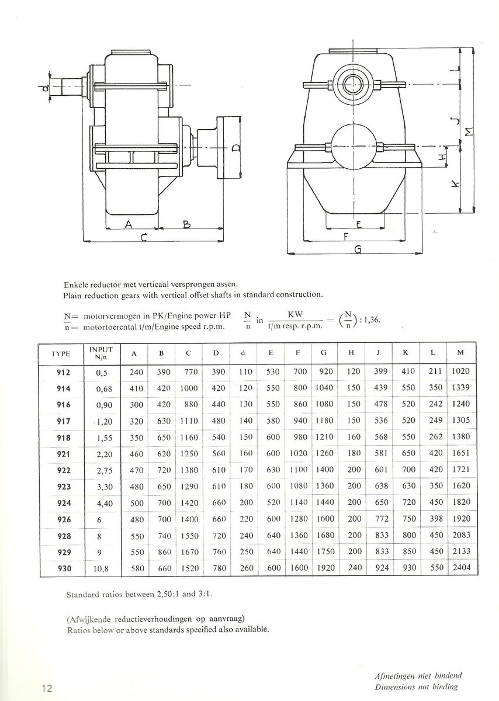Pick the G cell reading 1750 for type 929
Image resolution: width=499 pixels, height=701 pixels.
point(325,551)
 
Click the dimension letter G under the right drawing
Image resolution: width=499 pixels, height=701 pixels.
point(358,250)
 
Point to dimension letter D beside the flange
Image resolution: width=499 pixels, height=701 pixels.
point(234,147)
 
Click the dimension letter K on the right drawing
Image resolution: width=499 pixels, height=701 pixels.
point(456,184)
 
